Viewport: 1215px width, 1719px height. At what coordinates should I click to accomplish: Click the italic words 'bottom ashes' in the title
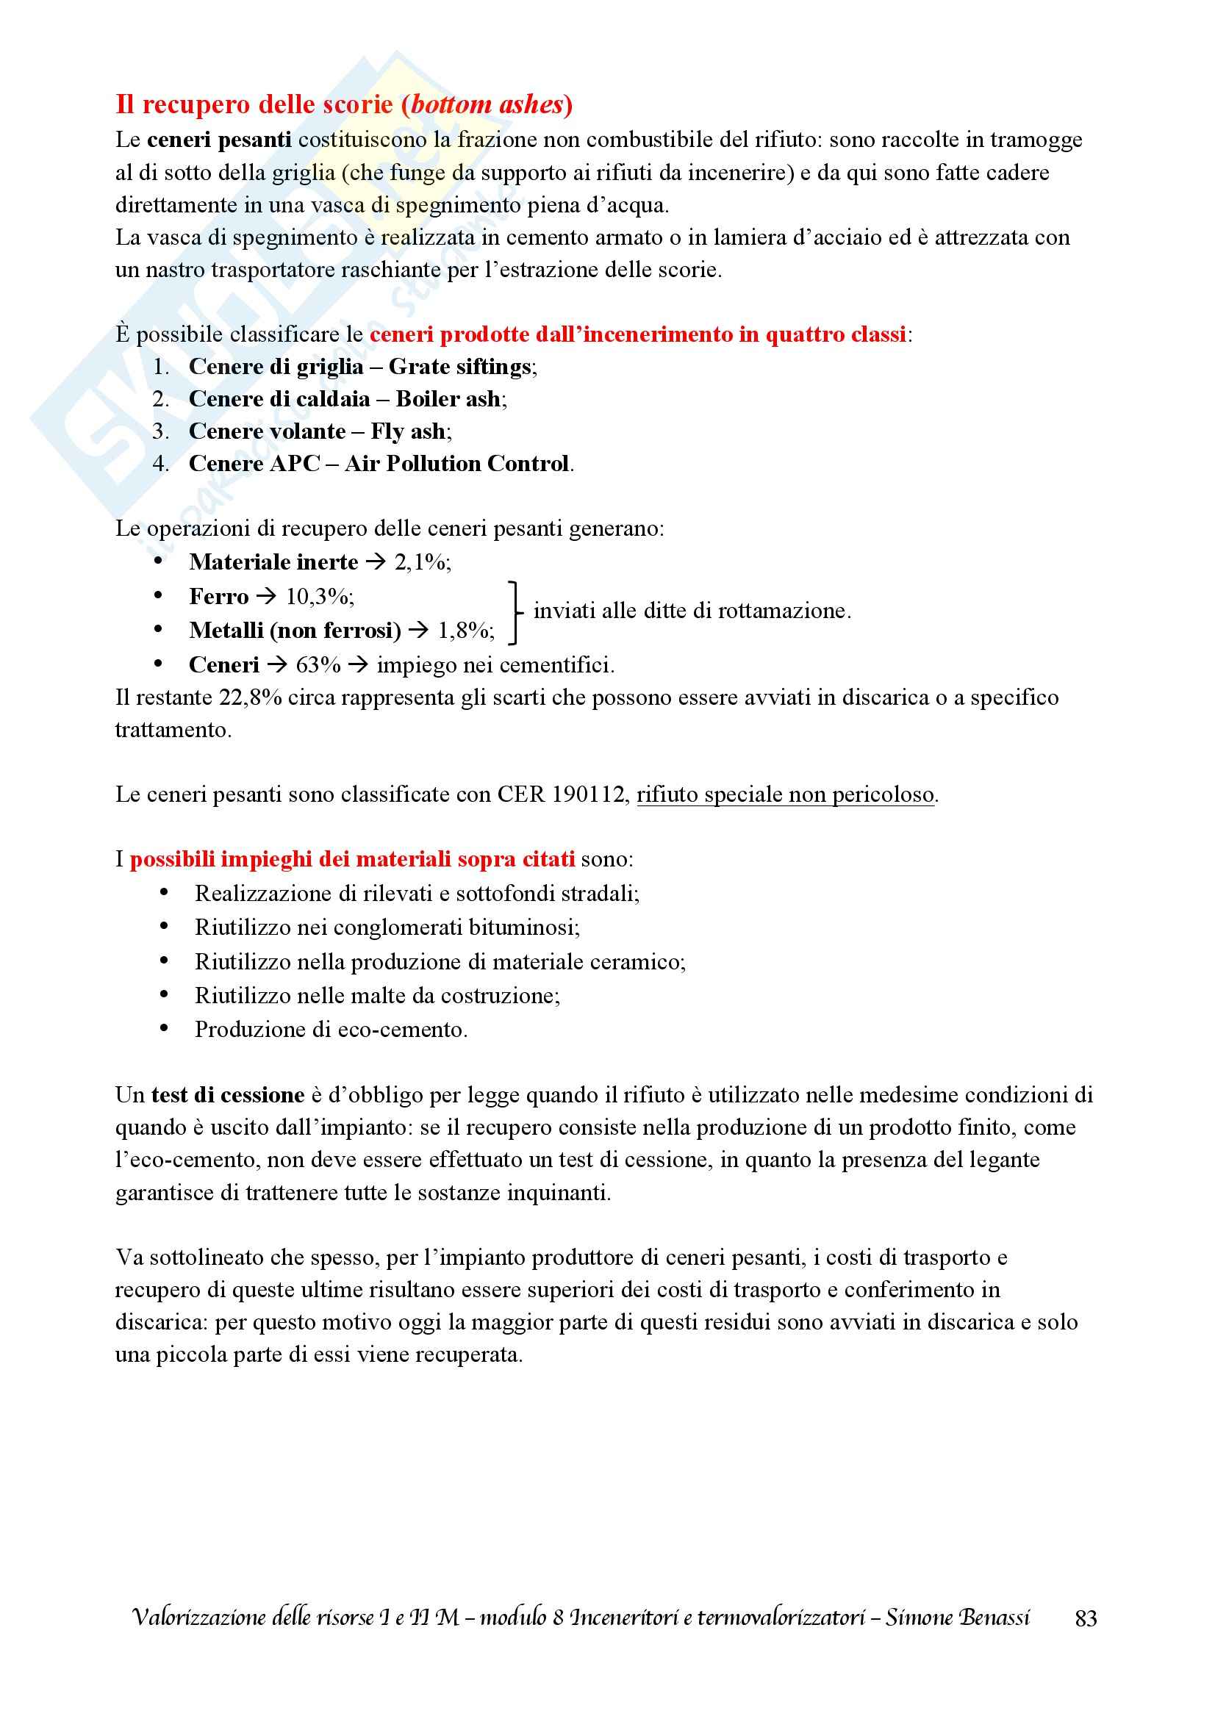[x=487, y=105]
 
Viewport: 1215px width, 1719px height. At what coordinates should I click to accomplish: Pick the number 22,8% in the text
[x=250, y=697]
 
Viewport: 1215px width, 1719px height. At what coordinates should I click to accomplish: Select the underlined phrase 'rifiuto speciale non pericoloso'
[x=785, y=794]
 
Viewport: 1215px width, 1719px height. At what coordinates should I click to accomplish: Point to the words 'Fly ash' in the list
[x=407, y=431]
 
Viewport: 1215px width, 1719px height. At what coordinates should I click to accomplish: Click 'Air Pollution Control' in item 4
[x=456, y=464]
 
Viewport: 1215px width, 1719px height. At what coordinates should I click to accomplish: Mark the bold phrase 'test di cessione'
[x=228, y=1095]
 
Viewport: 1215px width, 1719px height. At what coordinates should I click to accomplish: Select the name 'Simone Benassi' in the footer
[x=958, y=1618]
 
